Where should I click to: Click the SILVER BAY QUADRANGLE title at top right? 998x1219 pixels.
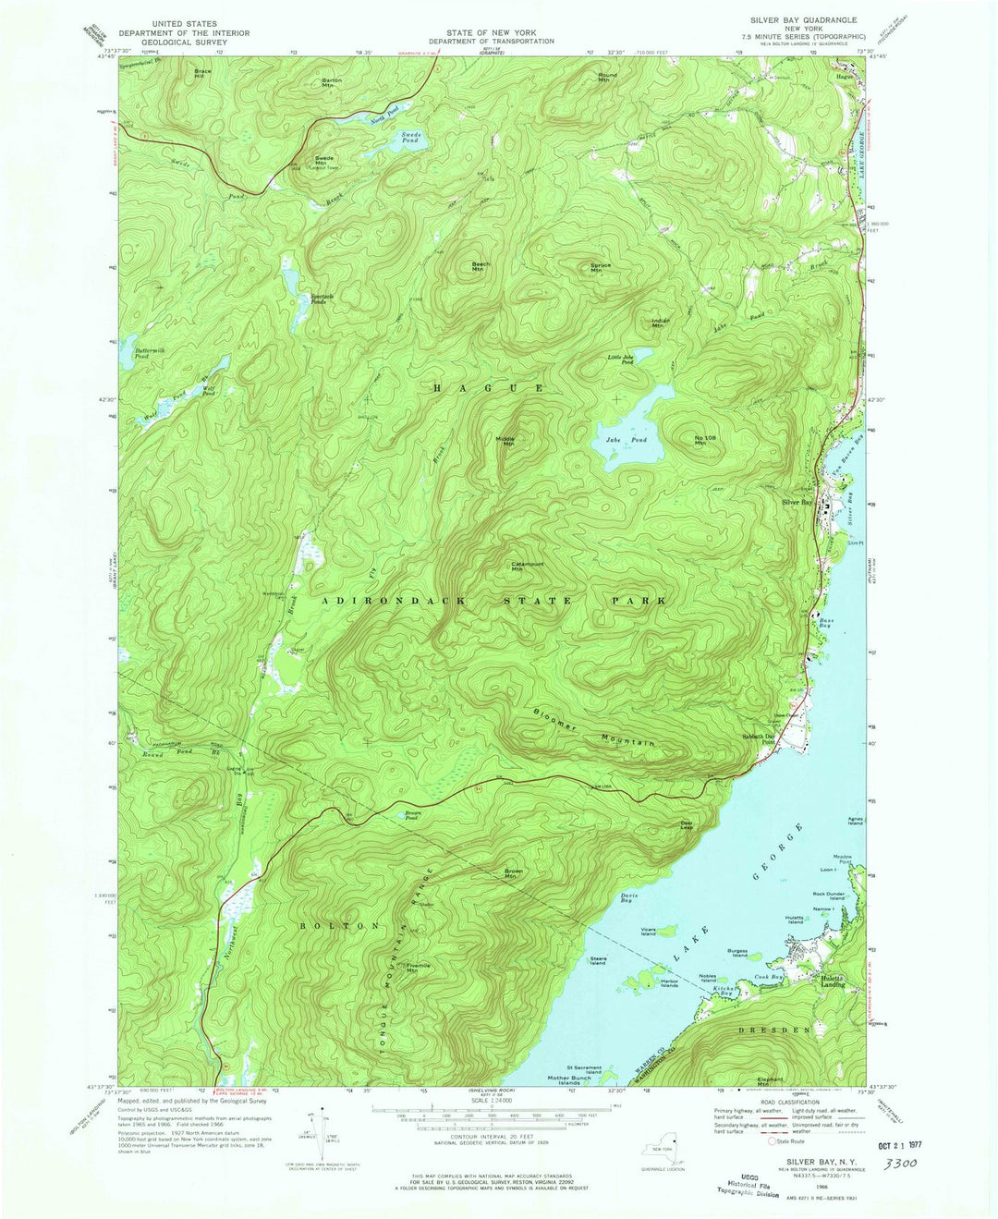pyautogui.click(x=803, y=19)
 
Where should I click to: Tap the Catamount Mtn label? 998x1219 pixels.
pyautogui.click(x=524, y=567)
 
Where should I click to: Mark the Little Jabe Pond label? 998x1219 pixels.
pyautogui.click(x=620, y=360)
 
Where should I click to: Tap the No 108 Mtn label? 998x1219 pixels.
pyautogui.click(x=705, y=440)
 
